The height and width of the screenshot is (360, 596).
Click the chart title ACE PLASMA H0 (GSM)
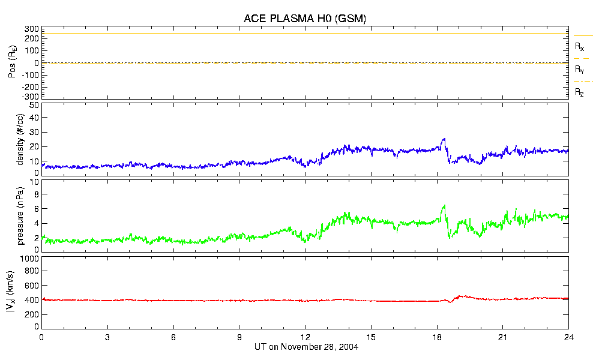(305, 19)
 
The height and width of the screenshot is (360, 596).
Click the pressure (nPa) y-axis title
(20, 214)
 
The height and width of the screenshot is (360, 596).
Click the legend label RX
(579, 46)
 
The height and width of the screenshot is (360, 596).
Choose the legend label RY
(579, 70)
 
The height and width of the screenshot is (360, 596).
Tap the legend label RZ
(579, 92)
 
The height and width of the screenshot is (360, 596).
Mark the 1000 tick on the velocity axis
(29, 259)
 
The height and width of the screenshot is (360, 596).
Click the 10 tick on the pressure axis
(34, 182)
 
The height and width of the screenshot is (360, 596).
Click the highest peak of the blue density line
(444, 139)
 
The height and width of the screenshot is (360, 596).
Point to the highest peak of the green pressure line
(444, 206)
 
